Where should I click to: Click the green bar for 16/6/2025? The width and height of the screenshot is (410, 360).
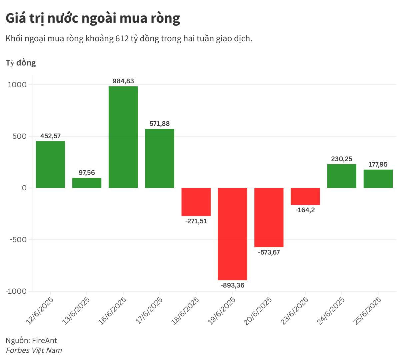click(123, 137)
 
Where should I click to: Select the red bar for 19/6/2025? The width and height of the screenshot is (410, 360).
click(232, 234)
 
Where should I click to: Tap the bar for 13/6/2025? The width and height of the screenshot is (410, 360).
click(87, 183)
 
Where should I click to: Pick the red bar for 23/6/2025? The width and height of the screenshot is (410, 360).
click(305, 196)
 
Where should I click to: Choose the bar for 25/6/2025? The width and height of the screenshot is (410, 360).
click(378, 179)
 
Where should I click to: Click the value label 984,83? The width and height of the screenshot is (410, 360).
click(123, 81)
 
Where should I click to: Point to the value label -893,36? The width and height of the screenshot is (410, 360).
click(232, 285)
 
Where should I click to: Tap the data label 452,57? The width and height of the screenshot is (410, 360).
click(50, 136)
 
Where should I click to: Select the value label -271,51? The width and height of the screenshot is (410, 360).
click(196, 221)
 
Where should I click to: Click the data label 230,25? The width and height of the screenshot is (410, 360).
click(342, 159)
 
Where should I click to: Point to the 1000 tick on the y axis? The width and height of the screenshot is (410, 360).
click(17, 85)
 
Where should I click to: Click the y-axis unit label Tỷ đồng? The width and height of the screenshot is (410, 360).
click(21, 63)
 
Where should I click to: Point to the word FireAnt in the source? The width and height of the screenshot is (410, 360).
click(44, 340)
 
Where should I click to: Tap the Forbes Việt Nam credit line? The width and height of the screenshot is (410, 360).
click(34, 350)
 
